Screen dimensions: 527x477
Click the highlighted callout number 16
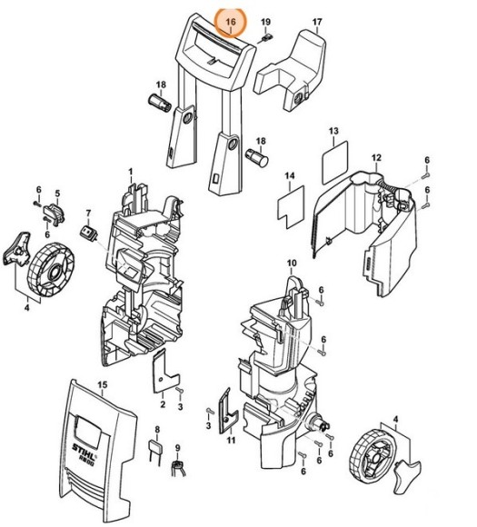click(230, 20)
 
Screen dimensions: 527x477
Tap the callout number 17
click(317, 20)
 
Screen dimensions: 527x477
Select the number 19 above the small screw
click(266, 21)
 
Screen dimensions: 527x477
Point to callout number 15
click(102, 386)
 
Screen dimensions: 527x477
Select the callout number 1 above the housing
click(130, 171)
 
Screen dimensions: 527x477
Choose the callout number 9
click(178, 448)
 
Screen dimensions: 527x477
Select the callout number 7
click(88, 214)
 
